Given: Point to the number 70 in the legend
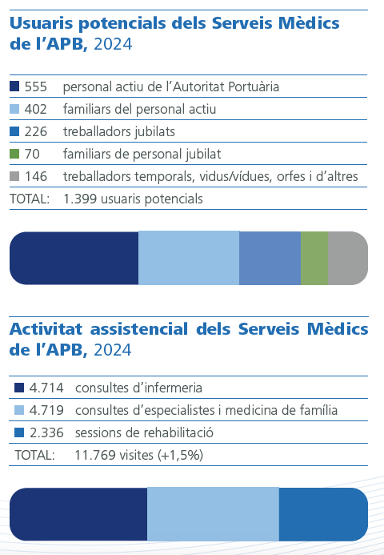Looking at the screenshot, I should [33, 153].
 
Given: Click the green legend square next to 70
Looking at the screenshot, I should [14, 153].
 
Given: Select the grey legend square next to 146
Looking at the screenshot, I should [14, 175].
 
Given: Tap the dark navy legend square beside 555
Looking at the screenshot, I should [14, 86].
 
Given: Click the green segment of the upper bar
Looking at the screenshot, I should [314, 258].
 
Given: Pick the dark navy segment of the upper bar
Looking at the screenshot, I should [74, 258].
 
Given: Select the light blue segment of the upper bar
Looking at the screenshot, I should [189, 258].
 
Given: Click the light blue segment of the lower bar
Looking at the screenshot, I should [213, 514].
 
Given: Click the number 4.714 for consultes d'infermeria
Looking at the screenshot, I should [46, 388].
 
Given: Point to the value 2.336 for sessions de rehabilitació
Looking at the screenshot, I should [46, 432].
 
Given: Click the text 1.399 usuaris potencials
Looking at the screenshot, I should [133, 198].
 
